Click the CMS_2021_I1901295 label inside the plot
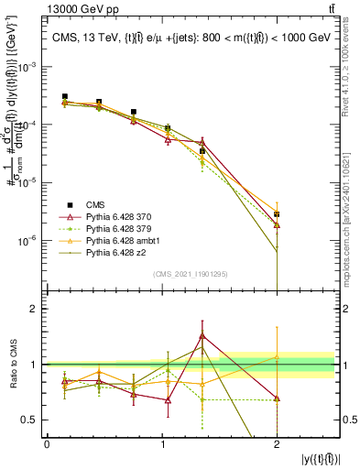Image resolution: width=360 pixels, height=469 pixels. click(x=191, y=273)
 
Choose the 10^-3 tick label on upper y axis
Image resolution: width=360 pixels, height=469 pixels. click(x=31, y=68)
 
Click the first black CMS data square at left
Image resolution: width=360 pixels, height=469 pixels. click(x=65, y=96)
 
